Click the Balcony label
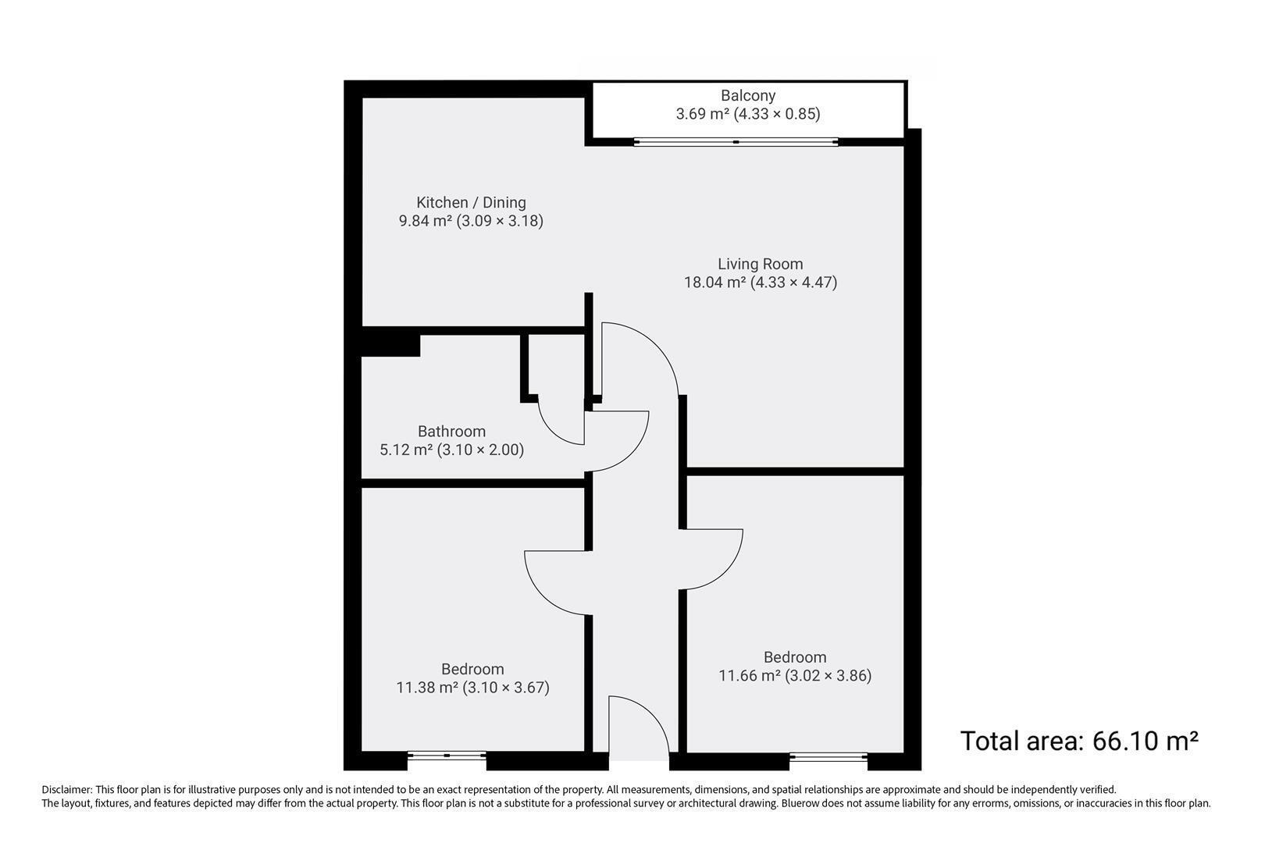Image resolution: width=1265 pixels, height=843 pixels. coord(748,95)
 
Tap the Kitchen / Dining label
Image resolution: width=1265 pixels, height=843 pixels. coord(471,202)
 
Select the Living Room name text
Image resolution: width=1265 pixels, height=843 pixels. coord(760,264)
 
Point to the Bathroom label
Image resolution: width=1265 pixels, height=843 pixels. coord(452,432)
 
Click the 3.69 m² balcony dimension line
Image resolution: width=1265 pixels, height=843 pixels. coord(748,114)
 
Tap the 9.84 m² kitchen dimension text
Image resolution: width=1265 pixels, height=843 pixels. coord(471,220)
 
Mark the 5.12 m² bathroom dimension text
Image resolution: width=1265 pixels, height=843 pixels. coord(452,450)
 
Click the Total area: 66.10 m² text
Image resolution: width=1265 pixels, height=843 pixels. coord(1079,741)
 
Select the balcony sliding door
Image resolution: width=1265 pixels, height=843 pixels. coord(736,142)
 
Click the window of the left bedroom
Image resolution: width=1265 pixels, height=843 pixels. coord(447,755)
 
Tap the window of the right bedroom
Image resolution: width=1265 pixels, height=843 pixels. coord(828,756)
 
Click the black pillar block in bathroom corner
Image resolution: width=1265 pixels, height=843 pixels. coord(390,345)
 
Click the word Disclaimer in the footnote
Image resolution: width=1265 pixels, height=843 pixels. coord(66,789)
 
